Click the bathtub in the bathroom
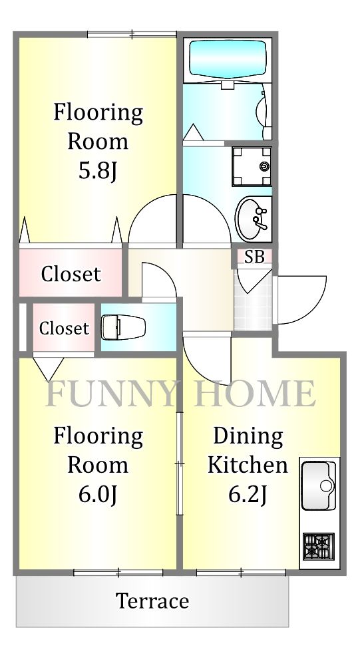pyautogui.click(x=228, y=60)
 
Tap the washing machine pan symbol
pyautogui.click(x=252, y=166)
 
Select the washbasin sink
pyautogui.click(x=254, y=218)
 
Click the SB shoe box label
pyautogui.click(x=254, y=257)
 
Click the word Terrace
pyautogui.click(x=152, y=601)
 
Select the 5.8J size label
pyautogui.click(x=98, y=171)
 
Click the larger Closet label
pyautogui.click(x=71, y=273)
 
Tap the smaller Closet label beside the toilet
pyautogui.click(x=63, y=328)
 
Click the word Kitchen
pyautogui.click(x=248, y=465)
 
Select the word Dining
pyautogui.click(x=248, y=436)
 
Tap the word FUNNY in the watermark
pyautogui.click(x=112, y=394)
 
